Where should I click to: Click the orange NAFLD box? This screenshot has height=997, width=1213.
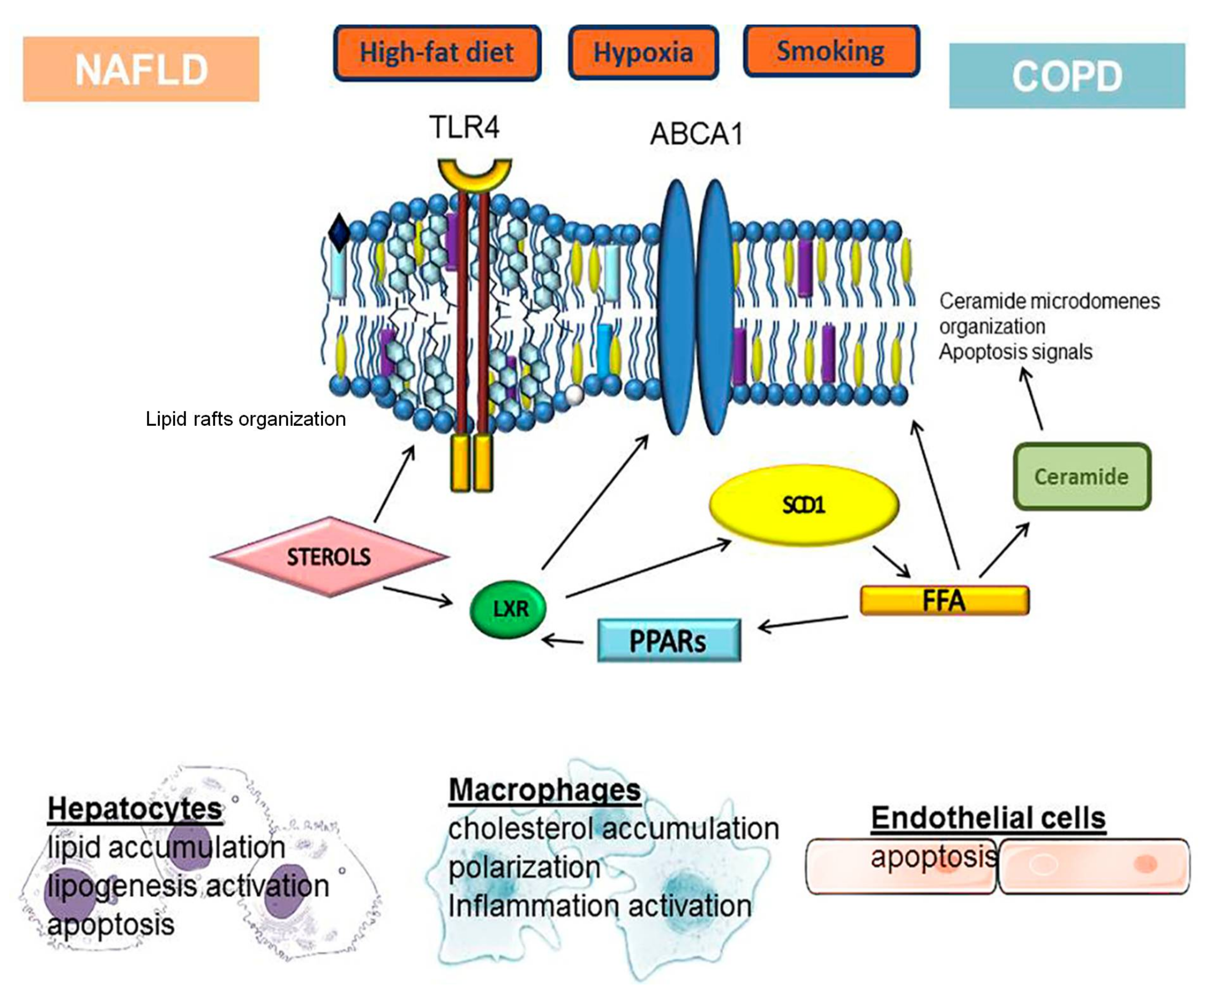(141, 69)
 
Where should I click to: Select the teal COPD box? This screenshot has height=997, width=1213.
(1067, 75)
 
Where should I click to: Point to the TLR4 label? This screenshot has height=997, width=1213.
(464, 127)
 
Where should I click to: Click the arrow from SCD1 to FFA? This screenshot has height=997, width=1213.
(891, 561)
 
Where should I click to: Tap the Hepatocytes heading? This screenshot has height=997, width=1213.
(135, 809)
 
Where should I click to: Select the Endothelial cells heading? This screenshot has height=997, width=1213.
(988, 817)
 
